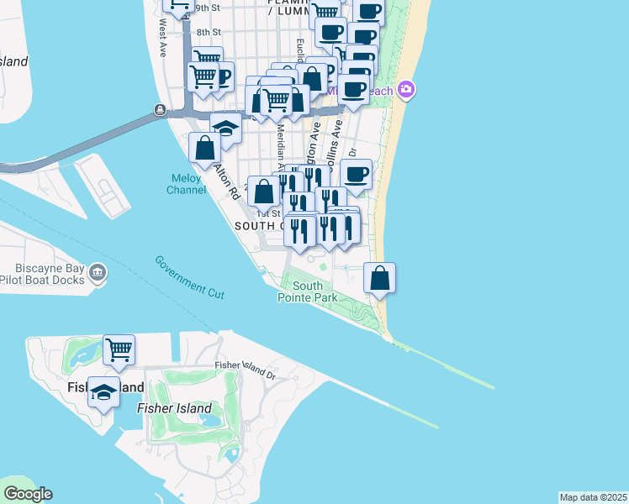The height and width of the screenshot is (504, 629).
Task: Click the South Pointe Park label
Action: click(x=309, y=291)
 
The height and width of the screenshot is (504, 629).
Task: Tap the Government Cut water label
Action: click(x=189, y=275)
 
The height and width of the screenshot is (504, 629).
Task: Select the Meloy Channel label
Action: click(x=187, y=184)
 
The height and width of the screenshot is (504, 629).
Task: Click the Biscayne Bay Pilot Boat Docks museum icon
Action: click(x=98, y=272)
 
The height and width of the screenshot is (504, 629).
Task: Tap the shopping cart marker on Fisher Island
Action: click(x=119, y=349)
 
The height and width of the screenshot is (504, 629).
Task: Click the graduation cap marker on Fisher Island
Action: click(x=103, y=392)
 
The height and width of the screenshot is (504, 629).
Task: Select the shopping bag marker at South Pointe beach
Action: click(x=380, y=277)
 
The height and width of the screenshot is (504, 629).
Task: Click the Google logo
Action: click(x=28, y=494)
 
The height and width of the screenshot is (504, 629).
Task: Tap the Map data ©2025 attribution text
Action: click(x=594, y=497)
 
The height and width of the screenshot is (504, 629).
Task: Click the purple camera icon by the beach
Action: click(x=406, y=89)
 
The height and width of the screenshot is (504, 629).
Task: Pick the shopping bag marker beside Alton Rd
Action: click(x=204, y=148)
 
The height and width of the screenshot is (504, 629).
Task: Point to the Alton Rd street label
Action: click(x=227, y=181)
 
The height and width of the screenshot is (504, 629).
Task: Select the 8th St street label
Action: click(x=207, y=33)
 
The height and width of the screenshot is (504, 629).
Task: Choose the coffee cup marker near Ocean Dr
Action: click(x=357, y=175)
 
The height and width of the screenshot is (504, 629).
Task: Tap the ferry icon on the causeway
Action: click(x=159, y=110)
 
